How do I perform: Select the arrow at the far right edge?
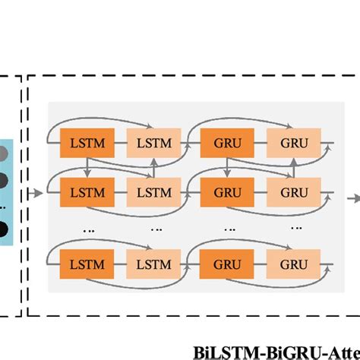tap(354, 197)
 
